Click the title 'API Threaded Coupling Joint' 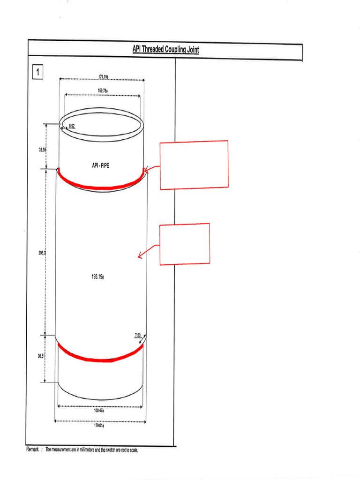point(165,50)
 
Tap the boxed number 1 point(37,72)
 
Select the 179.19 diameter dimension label point(103,76)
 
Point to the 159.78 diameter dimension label point(103,90)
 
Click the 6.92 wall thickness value point(72,127)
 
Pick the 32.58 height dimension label point(42,150)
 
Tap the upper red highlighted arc point(101,186)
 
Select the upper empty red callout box point(194,165)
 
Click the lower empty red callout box point(185,244)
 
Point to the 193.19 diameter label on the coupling point(97,277)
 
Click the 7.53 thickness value point(138,335)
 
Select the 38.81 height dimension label point(41,356)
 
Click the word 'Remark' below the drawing point(33,450)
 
